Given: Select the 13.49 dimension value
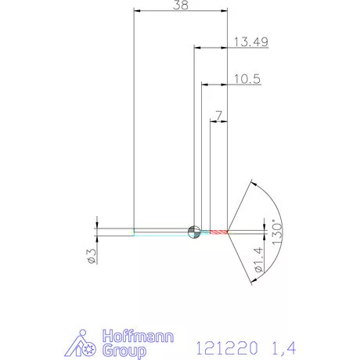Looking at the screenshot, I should tap(251, 42).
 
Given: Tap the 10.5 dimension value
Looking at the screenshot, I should tap(247, 78).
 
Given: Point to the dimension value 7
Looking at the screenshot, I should tap(218, 116).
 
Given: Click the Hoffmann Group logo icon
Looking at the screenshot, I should tap(81, 344).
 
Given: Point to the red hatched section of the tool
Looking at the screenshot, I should tap(217, 232).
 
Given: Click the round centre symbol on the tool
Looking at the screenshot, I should tap(193, 232).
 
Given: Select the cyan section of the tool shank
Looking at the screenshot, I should tap(160, 232).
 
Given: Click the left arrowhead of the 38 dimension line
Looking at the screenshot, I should tap(137, 12).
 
